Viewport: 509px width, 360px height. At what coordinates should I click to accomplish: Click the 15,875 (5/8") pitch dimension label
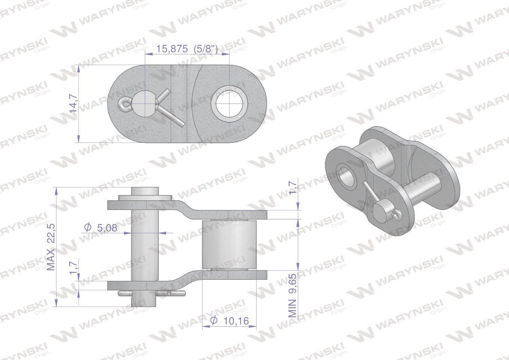(x=187, y=49)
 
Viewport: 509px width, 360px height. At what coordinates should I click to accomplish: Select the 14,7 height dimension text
(x=74, y=103)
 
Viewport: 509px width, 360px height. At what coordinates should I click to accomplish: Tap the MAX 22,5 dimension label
(x=51, y=247)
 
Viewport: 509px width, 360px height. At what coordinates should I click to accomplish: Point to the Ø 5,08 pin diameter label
(x=101, y=228)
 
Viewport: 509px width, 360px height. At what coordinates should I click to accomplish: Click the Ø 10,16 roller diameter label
(x=230, y=321)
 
